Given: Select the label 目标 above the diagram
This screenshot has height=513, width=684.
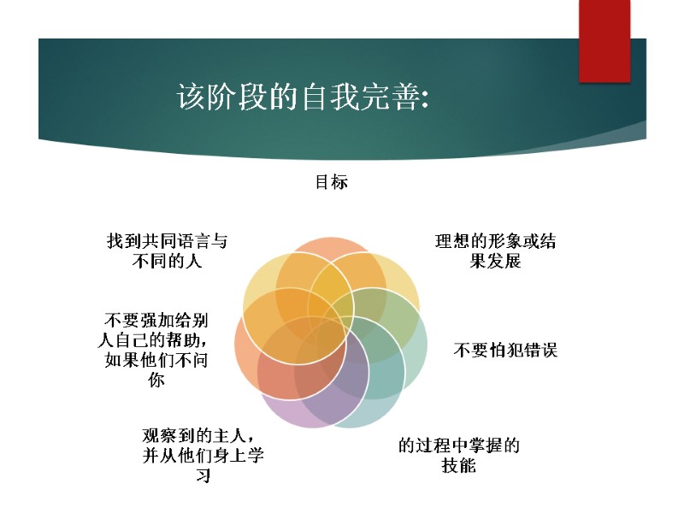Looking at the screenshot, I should pyautogui.click(x=332, y=182).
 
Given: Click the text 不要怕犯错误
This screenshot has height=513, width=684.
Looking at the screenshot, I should pyautogui.click(x=505, y=350).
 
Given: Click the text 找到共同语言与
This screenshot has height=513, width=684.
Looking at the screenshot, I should pyautogui.click(x=168, y=242).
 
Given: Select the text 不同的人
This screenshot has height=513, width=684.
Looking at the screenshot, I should pyautogui.click(x=167, y=262).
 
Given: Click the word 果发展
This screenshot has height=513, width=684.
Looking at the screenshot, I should pyautogui.click(x=495, y=262).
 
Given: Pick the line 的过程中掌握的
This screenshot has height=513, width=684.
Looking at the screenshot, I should pyautogui.click(x=459, y=445).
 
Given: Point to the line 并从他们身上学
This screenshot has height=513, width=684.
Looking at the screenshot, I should pyautogui.click(x=203, y=456).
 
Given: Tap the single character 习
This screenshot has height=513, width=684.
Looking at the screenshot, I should pyautogui.click(x=203, y=476).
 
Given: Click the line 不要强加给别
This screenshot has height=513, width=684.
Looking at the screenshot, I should pyautogui.click(x=156, y=320).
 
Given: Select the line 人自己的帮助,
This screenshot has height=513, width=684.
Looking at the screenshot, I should pyautogui.click(x=156, y=340).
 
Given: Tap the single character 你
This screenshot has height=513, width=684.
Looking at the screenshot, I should pyautogui.click(x=156, y=380).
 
